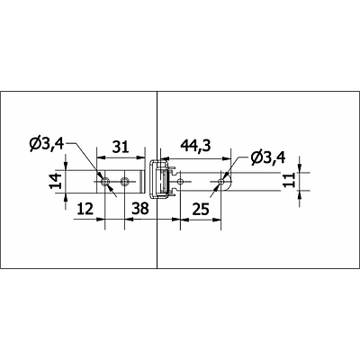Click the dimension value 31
[120, 148]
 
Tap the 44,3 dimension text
[195, 146]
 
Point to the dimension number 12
[85, 209]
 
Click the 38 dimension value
[140, 209]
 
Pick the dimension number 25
[201, 209]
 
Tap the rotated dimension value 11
[290, 180]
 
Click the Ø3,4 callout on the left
[47, 145]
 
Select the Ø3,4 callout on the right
[268, 157]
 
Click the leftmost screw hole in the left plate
[105, 182]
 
